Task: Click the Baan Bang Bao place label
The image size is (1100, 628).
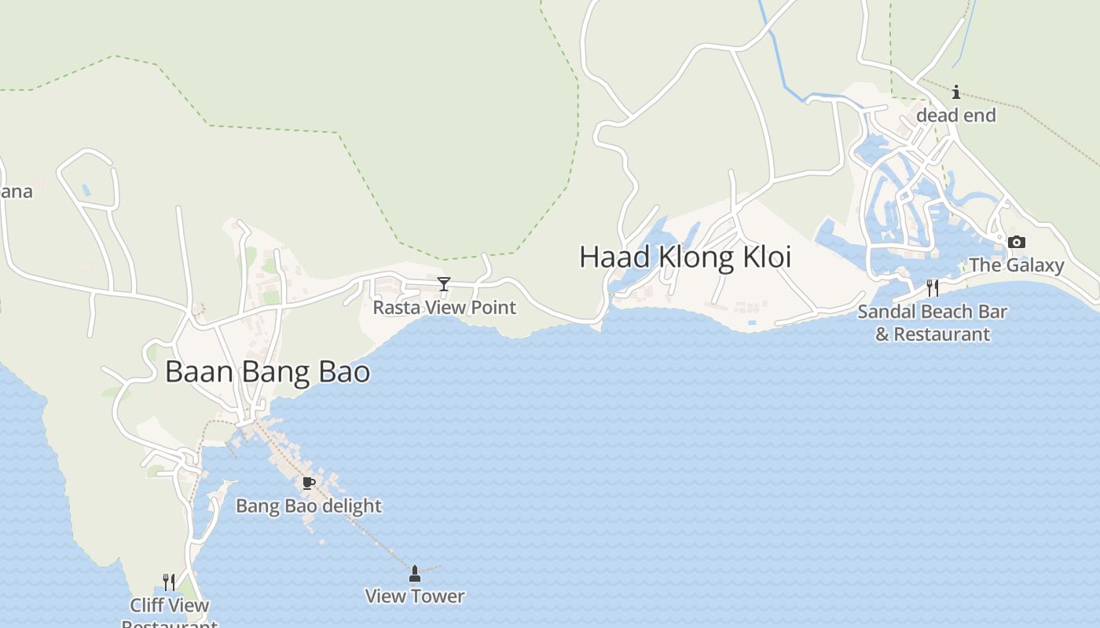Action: coord(267,371)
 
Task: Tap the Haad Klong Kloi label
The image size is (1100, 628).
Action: coord(685,257)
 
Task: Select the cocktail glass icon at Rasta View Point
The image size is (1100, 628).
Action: coord(444,284)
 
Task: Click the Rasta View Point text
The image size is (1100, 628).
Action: coord(444,308)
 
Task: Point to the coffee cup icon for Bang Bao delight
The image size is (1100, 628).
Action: coord(309,484)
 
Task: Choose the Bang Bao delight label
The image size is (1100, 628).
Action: coord(309,506)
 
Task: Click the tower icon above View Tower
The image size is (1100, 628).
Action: coord(415,575)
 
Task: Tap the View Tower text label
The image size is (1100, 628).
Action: coord(415,597)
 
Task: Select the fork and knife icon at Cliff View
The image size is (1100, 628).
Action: coord(169,582)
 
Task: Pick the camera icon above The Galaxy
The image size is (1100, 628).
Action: coord(1016,242)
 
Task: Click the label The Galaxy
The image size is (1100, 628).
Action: coord(1016,265)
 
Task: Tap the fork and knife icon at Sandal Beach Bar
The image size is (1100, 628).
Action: coord(933,288)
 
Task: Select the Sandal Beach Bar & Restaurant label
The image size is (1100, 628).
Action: coord(932,323)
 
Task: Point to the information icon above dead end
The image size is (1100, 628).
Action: coord(955,93)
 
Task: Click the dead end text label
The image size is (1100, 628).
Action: coord(955,116)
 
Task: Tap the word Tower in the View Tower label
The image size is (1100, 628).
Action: coord(439,597)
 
